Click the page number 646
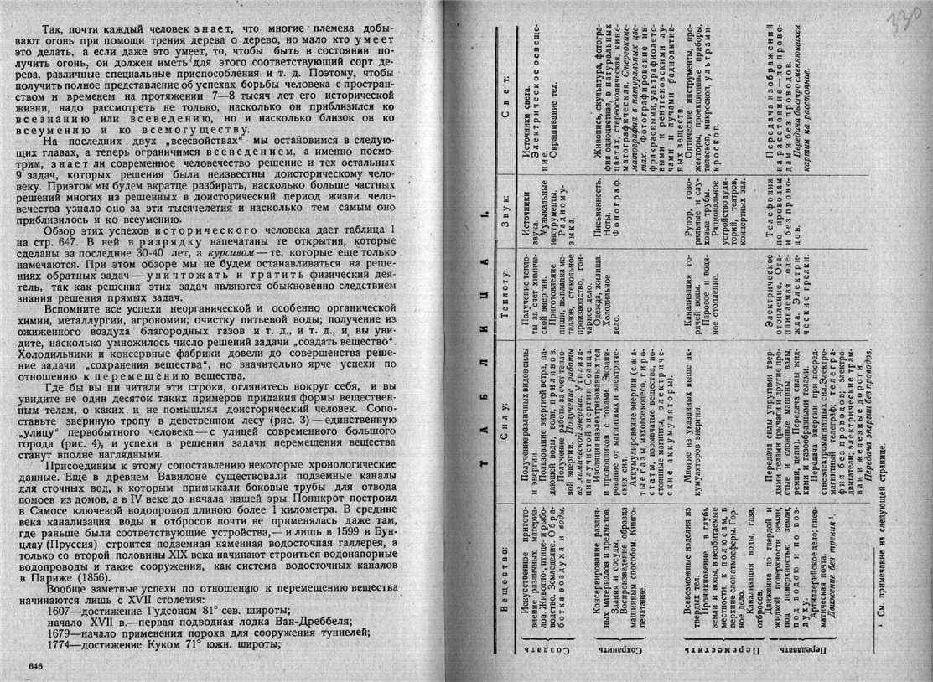click(35, 665)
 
